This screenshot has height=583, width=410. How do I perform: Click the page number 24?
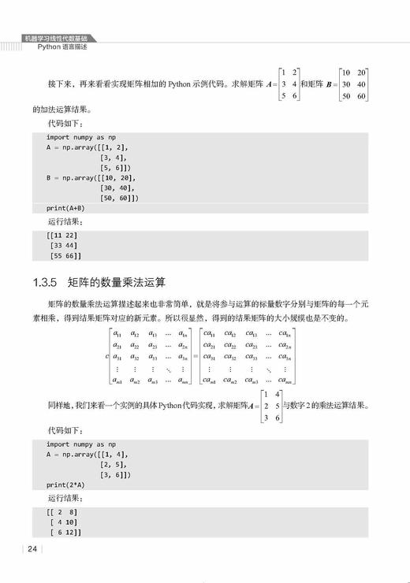[32, 549]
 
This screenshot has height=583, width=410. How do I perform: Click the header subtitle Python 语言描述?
[62, 47]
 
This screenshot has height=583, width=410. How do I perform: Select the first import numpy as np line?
[80, 137]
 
